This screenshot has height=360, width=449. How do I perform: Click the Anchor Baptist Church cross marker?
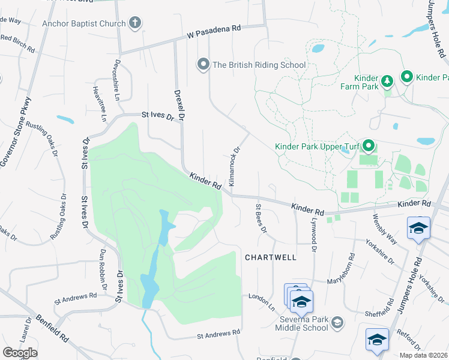click(x=135, y=24)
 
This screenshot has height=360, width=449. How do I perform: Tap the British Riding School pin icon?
click(x=203, y=64)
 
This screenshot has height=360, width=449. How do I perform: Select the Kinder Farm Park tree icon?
click(x=387, y=80)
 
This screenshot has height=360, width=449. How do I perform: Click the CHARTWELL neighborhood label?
click(x=270, y=257)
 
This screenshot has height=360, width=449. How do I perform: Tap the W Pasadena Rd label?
click(x=213, y=31)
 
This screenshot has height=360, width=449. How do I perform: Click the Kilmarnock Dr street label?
click(x=234, y=166)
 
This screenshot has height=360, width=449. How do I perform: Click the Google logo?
click(x=20, y=353)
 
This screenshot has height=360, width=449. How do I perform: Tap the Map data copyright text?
click(x=423, y=355)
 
